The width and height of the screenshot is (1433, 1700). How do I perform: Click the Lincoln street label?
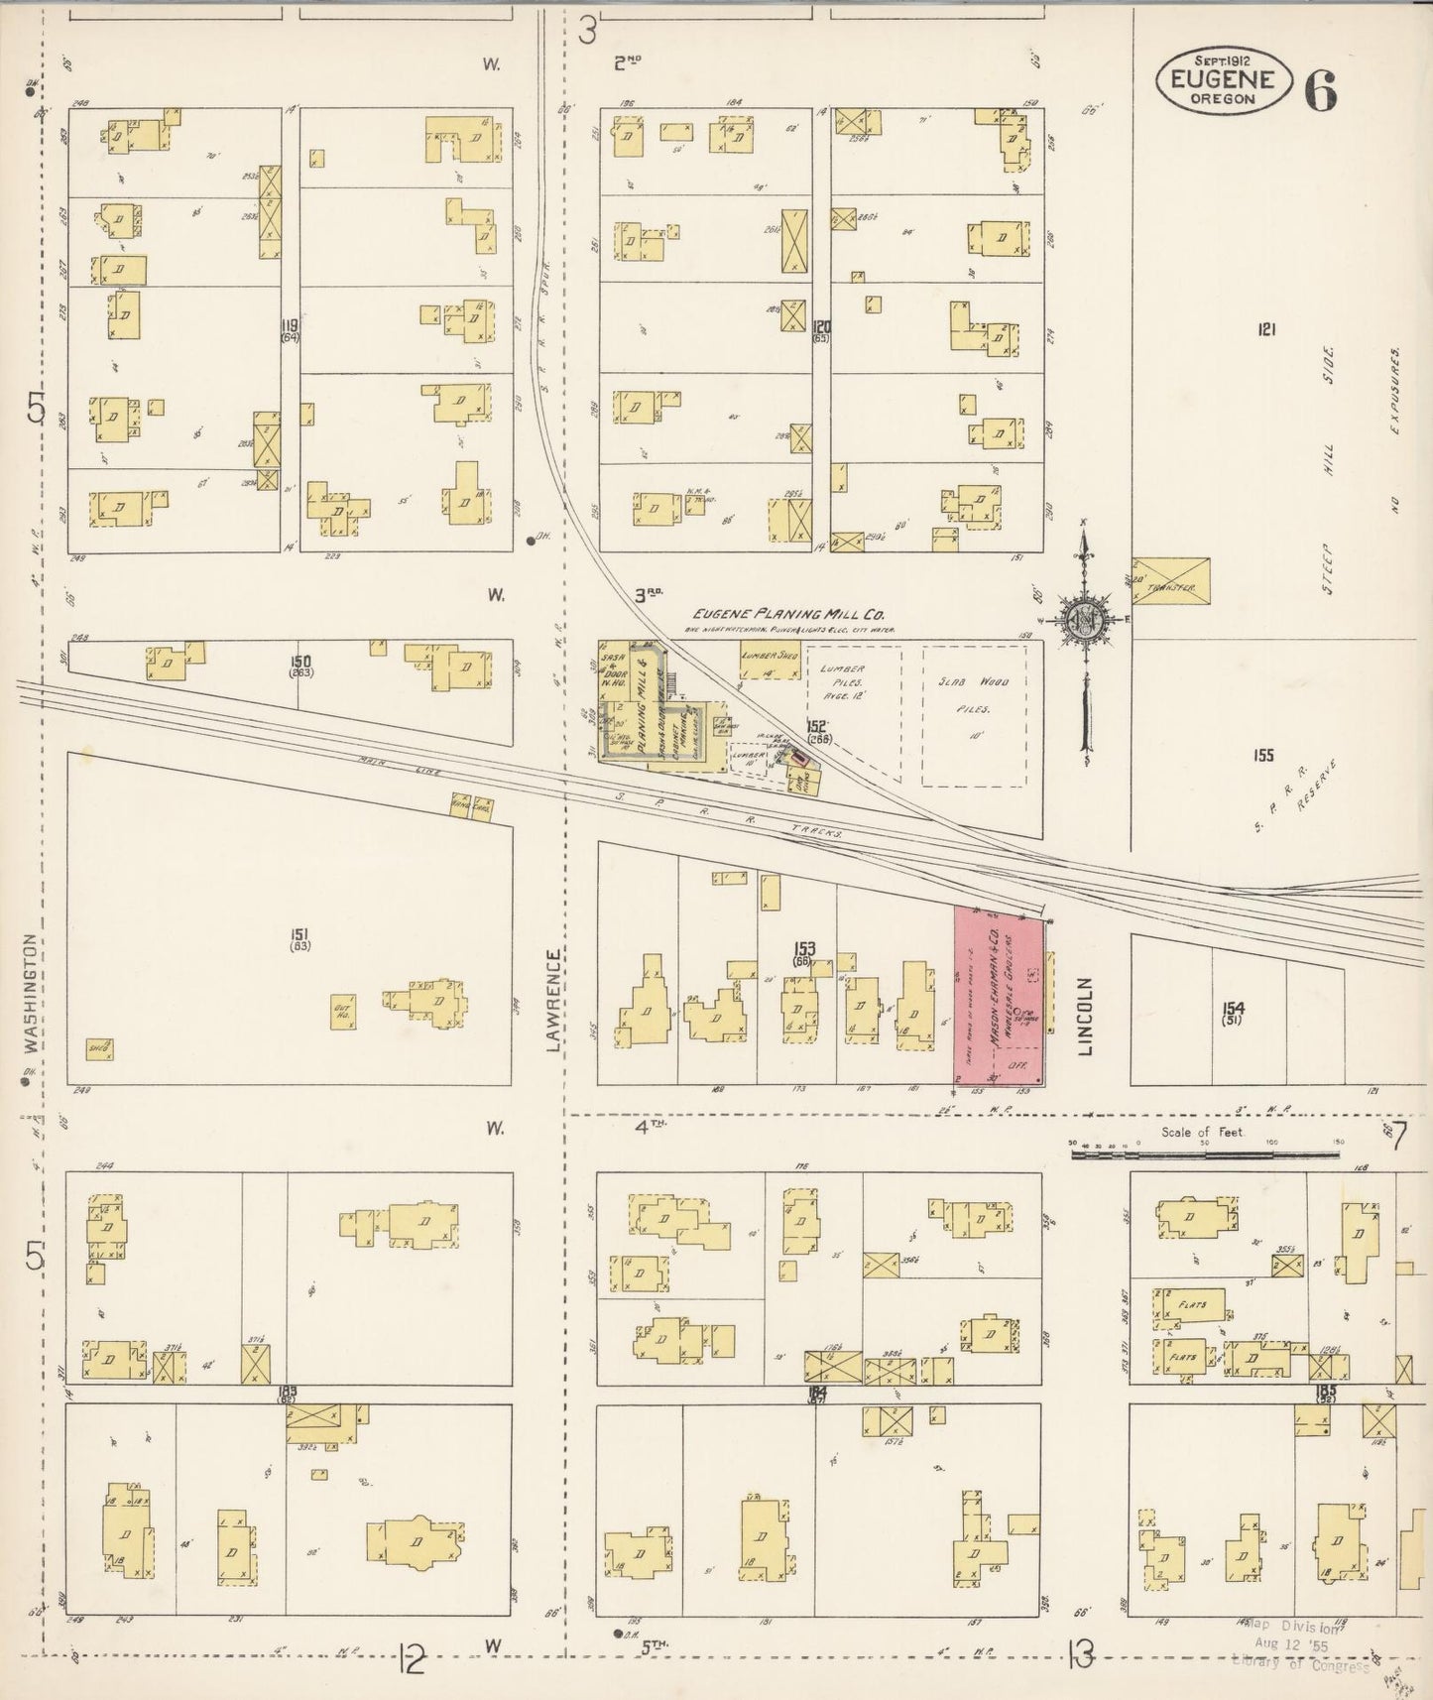pos(1086,1015)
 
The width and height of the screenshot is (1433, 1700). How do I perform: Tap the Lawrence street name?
pos(553,996)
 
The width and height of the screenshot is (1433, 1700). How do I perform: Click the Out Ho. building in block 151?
pos(344,1011)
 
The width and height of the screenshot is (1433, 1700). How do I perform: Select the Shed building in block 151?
pos(98,1048)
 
